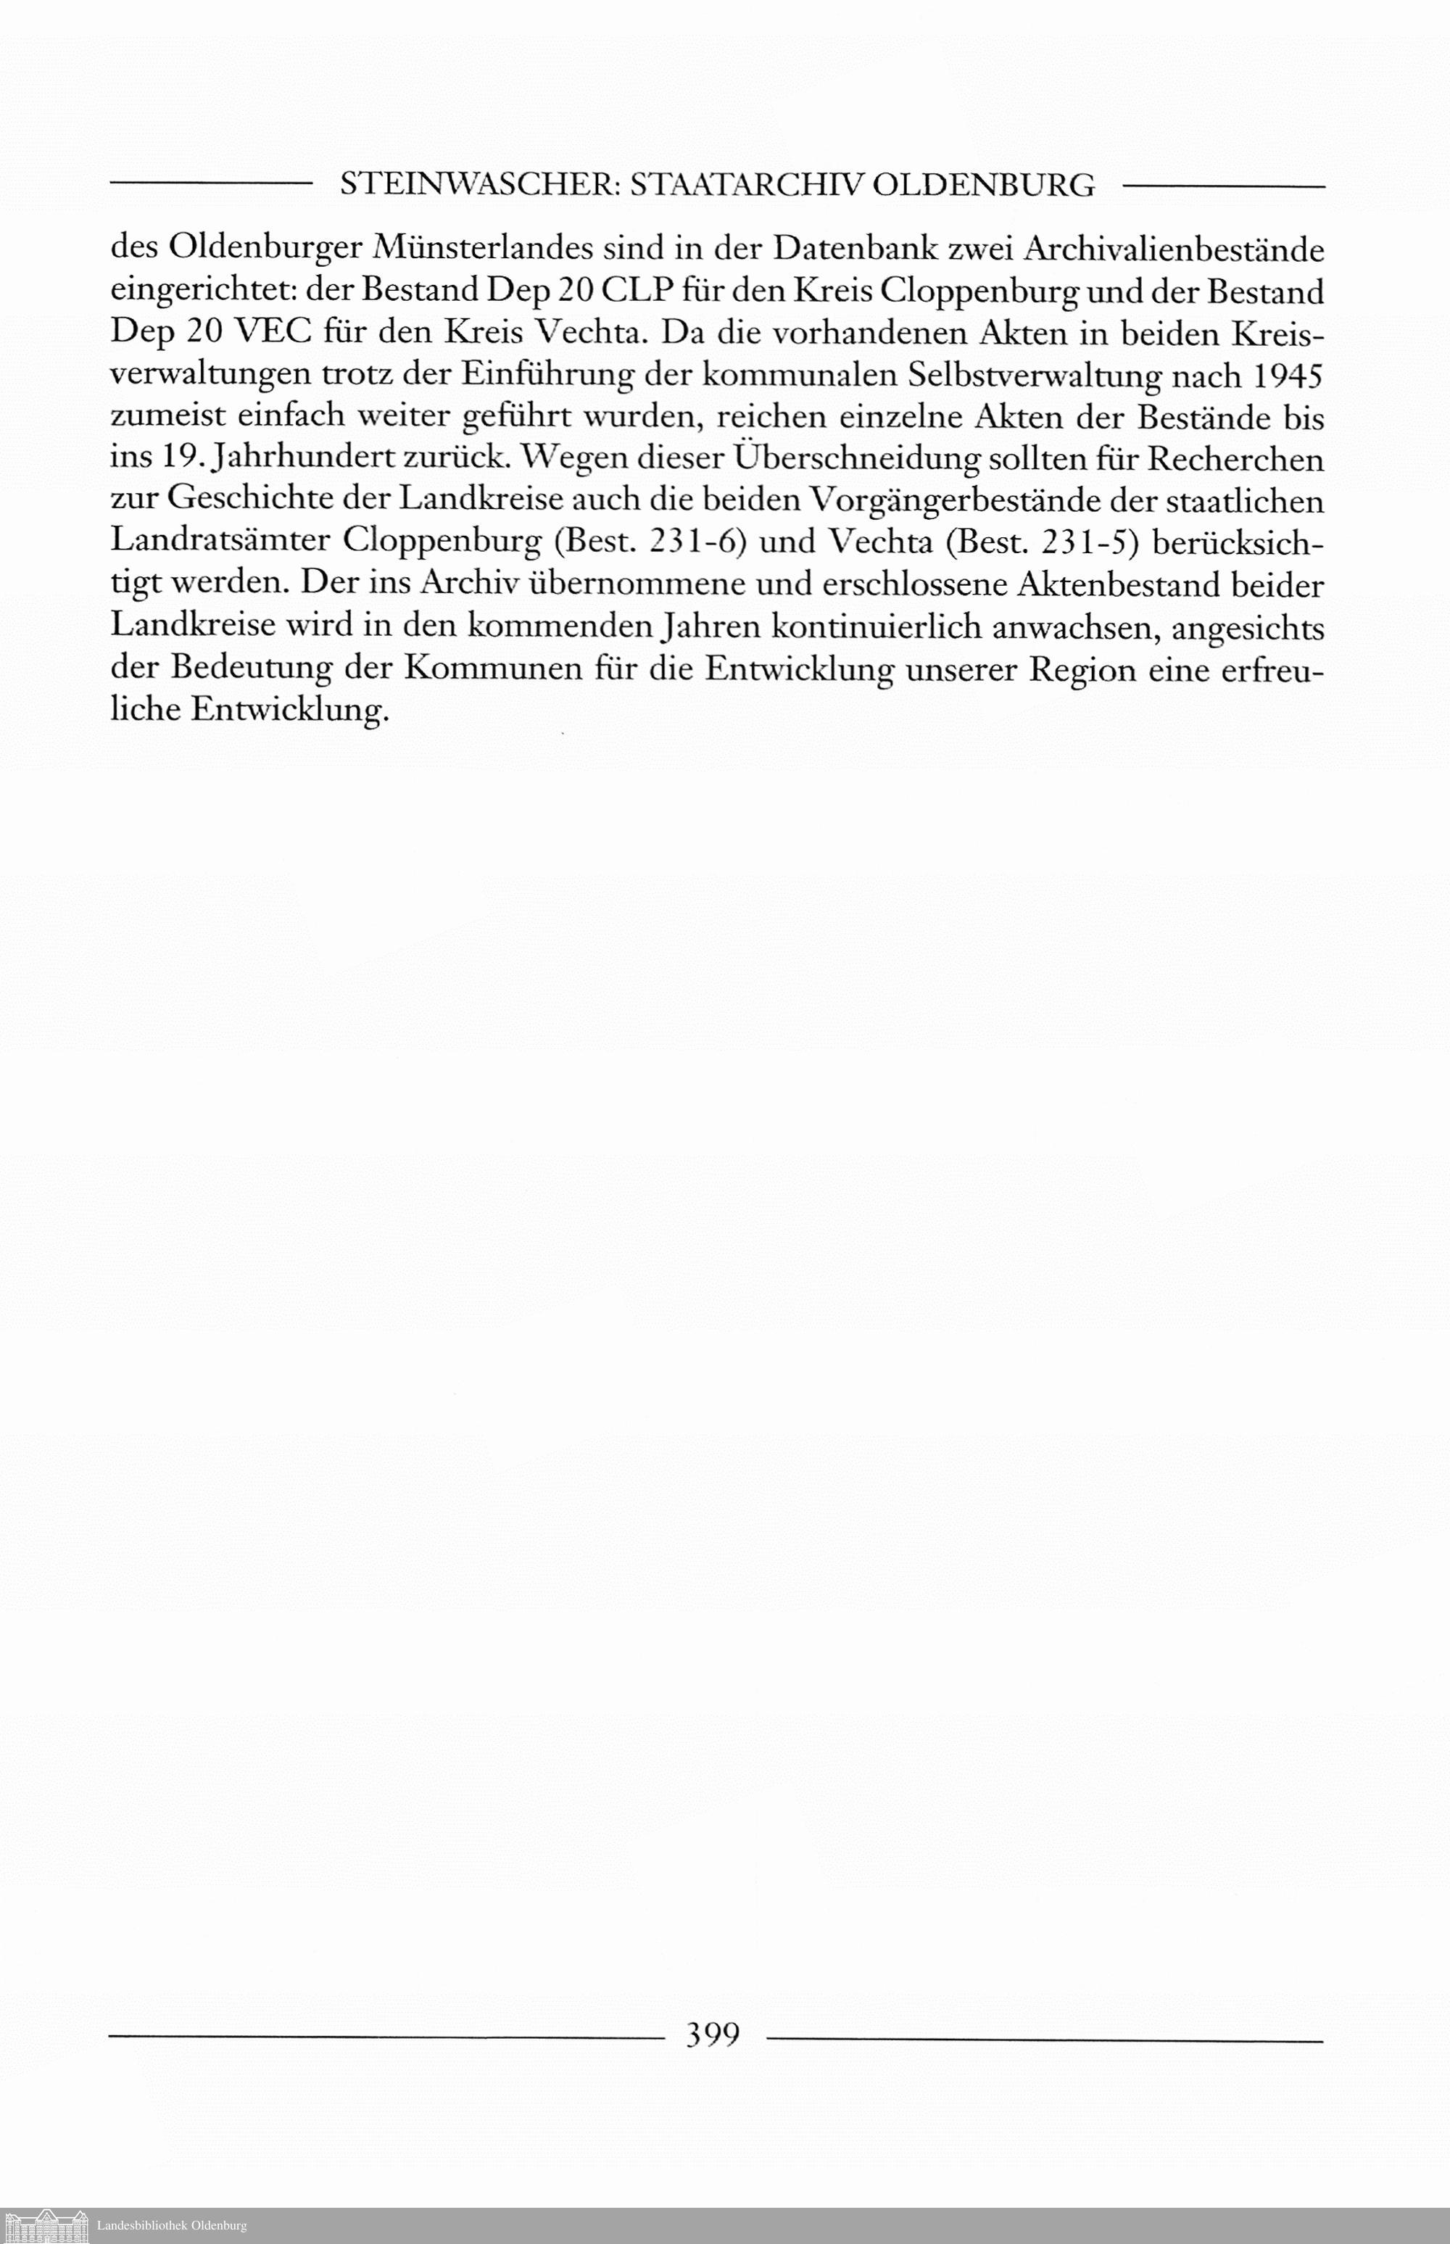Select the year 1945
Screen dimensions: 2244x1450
pos(1286,375)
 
